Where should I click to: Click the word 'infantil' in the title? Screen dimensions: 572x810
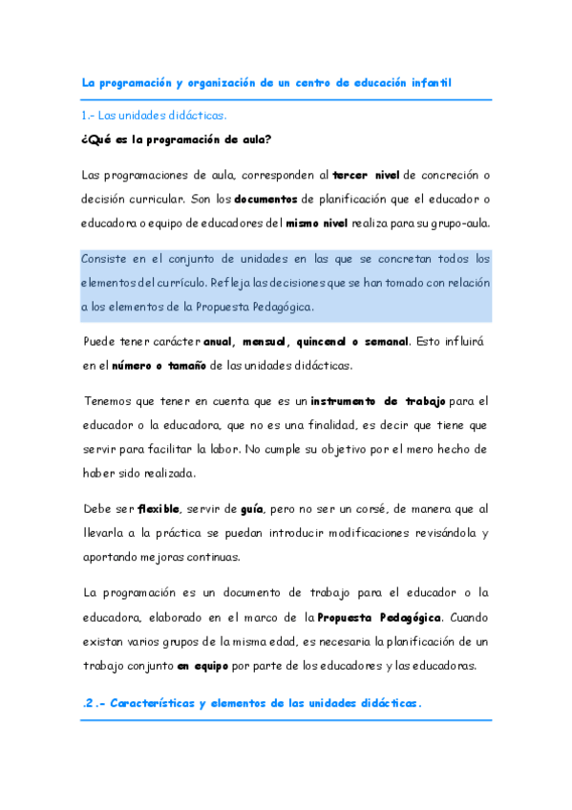click(x=426, y=83)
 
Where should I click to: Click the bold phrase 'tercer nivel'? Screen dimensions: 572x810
click(x=367, y=175)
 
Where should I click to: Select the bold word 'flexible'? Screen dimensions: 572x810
click(x=158, y=507)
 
